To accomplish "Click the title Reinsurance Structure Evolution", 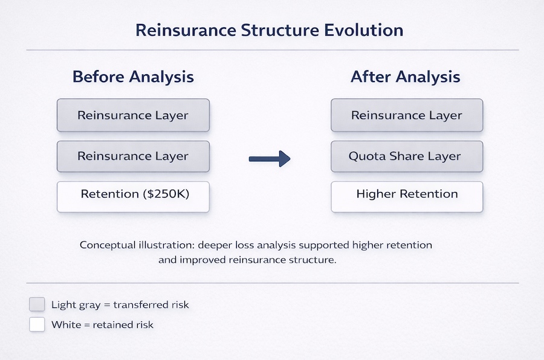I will [269, 30].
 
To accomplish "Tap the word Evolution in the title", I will [366, 30].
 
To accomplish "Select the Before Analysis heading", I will [133, 77].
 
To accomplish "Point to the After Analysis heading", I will [406, 77].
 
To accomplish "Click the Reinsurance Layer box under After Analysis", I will [407, 115].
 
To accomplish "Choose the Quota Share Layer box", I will [407, 156].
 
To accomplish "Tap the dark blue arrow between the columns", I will [270, 159].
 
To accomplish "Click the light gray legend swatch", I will [37, 304].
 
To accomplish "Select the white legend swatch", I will [37, 324].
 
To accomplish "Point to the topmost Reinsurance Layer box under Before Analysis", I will [133, 115].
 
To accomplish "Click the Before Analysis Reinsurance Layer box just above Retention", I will [133, 156].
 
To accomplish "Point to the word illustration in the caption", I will [172, 246].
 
